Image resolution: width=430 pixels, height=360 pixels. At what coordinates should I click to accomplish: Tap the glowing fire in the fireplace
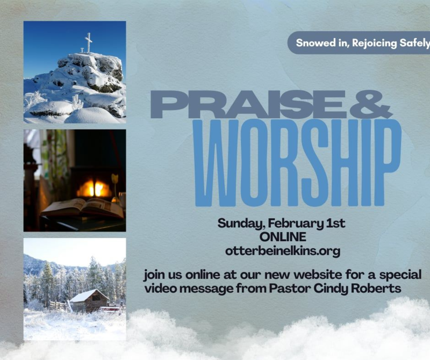click(93, 189)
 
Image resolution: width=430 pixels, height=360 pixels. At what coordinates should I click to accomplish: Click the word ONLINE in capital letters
click(282, 237)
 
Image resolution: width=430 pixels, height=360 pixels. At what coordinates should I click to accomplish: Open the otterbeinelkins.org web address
click(283, 250)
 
